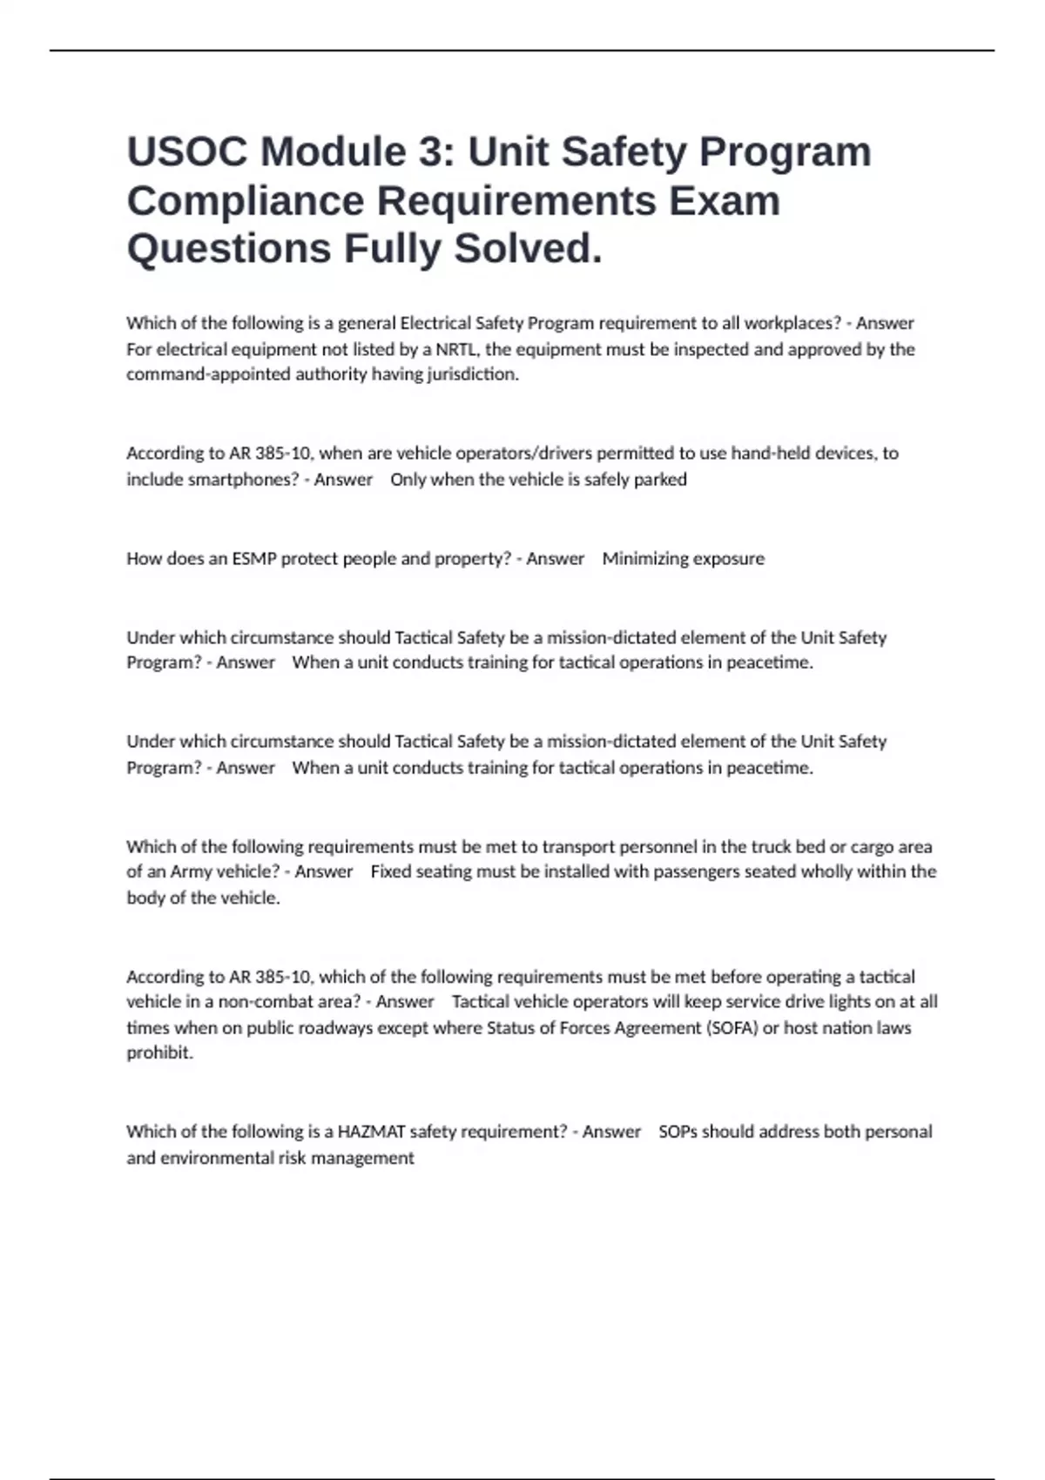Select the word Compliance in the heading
click(x=246, y=201)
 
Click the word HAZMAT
click(x=371, y=1132)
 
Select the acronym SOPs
click(x=678, y=1132)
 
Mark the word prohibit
click(x=159, y=1053)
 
